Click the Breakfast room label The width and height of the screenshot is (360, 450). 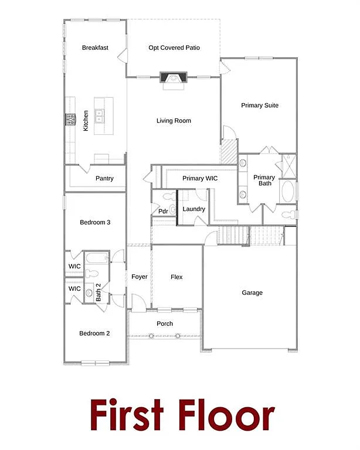tap(95, 48)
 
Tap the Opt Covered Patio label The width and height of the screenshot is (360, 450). tap(174, 48)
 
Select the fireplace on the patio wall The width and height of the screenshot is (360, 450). tap(174, 78)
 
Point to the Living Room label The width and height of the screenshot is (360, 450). tap(174, 121)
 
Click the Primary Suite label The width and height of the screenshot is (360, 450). tap(260, 105)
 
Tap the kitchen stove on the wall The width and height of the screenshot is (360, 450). tap(71, 119)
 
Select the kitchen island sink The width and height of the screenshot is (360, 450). tap(99, 115)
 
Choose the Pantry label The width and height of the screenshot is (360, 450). tap(104, 179)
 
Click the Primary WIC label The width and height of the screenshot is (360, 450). tap(201, 179)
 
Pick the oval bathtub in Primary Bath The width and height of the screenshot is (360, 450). tap(288, 192)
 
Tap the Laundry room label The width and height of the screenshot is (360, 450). tap(193, 209)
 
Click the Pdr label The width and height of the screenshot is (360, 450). tap(163, 212)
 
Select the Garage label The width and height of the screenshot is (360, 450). tap(252, 293)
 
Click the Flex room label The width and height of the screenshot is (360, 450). tap(176, 277)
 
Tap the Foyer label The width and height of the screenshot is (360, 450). tap(140, 277)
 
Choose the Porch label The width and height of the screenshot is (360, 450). tap(165, 324)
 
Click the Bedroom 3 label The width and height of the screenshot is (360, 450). tap(95, 223)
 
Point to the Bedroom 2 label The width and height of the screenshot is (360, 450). tap(95, 333)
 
